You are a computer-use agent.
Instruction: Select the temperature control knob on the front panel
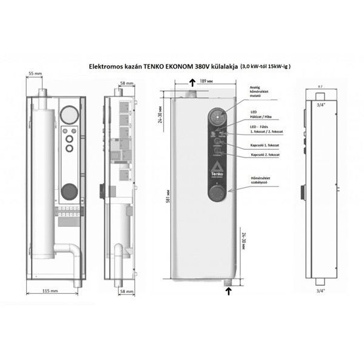[x=216, y=193]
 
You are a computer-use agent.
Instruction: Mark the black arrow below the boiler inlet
[x=228, y=291]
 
